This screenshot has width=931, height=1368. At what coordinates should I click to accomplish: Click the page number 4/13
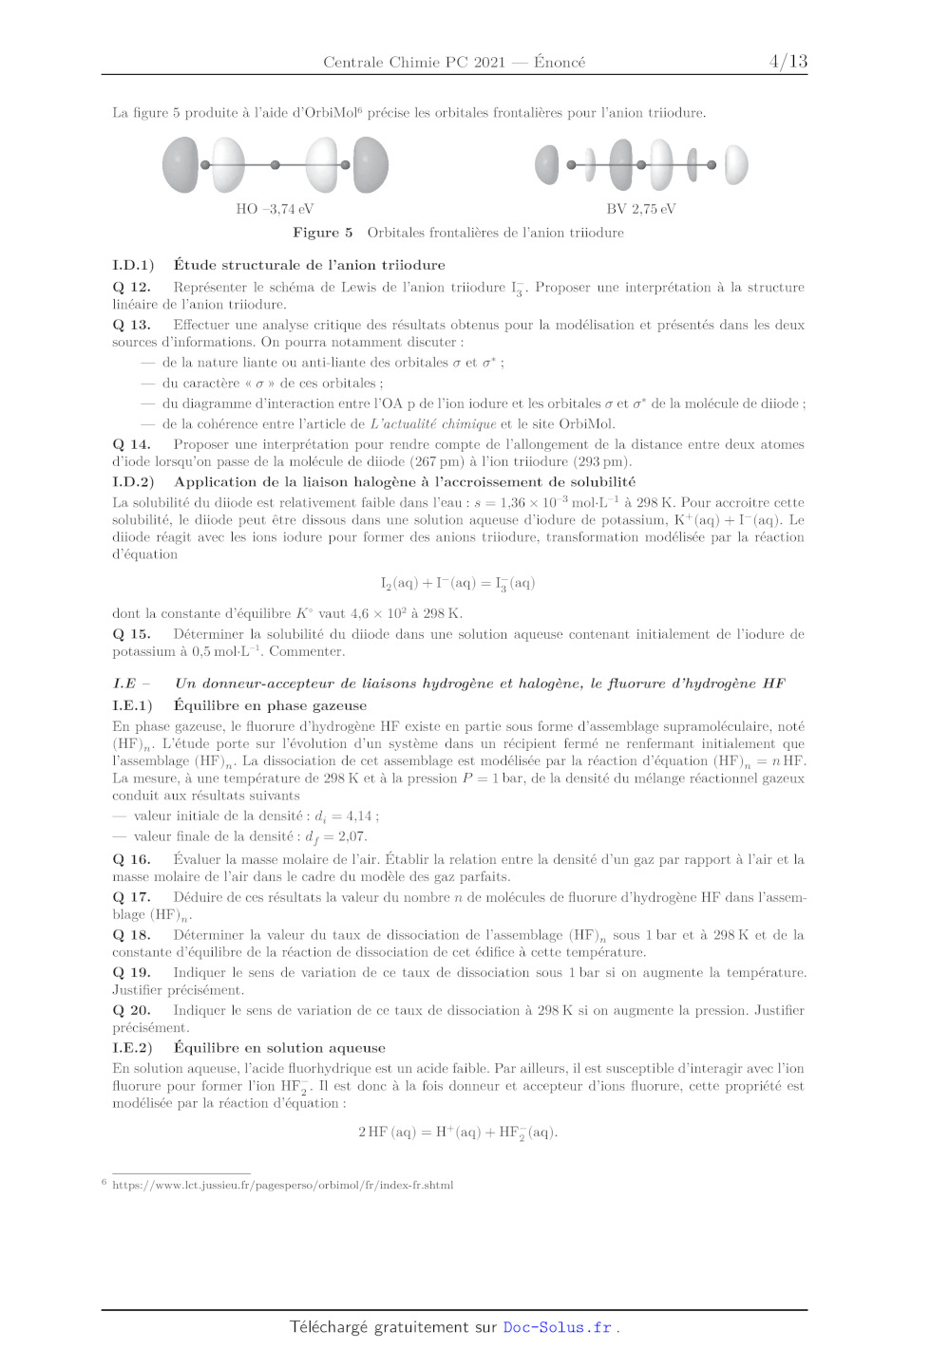pos(788,62)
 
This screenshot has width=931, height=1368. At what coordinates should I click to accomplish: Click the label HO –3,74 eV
pos(275,209)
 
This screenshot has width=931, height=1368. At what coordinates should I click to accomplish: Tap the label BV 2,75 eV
pos(641,209)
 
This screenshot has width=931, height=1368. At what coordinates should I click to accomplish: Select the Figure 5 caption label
pos(322,233)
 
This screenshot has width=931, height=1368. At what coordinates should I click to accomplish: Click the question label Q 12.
pos(131,288)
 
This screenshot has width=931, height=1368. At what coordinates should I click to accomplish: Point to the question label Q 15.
pos(131,634)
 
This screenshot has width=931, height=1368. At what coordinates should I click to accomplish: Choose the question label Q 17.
pos(131,897)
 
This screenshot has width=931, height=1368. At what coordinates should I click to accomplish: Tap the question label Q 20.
pos(131,1010)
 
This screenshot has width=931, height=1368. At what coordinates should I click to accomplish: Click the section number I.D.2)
pos(133,482)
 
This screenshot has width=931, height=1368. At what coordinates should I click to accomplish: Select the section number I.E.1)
pos(132,705)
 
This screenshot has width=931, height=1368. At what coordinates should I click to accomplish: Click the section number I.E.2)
pos(132,1048)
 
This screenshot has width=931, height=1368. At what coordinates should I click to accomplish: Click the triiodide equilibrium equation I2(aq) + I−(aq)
pos(458,583)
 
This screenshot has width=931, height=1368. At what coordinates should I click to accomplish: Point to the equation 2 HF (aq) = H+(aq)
pos(458,1132)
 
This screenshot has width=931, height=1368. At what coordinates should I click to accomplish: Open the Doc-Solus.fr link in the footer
pos(557,1327)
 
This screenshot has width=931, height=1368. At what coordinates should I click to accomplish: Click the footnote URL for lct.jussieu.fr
pos(282,1185)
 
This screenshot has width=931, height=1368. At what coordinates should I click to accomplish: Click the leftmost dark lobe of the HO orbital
pos(180,164)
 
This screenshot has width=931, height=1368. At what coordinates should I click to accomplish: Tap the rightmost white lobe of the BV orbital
pos(736,164)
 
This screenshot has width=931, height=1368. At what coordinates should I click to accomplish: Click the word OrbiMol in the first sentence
pos(329,113)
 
